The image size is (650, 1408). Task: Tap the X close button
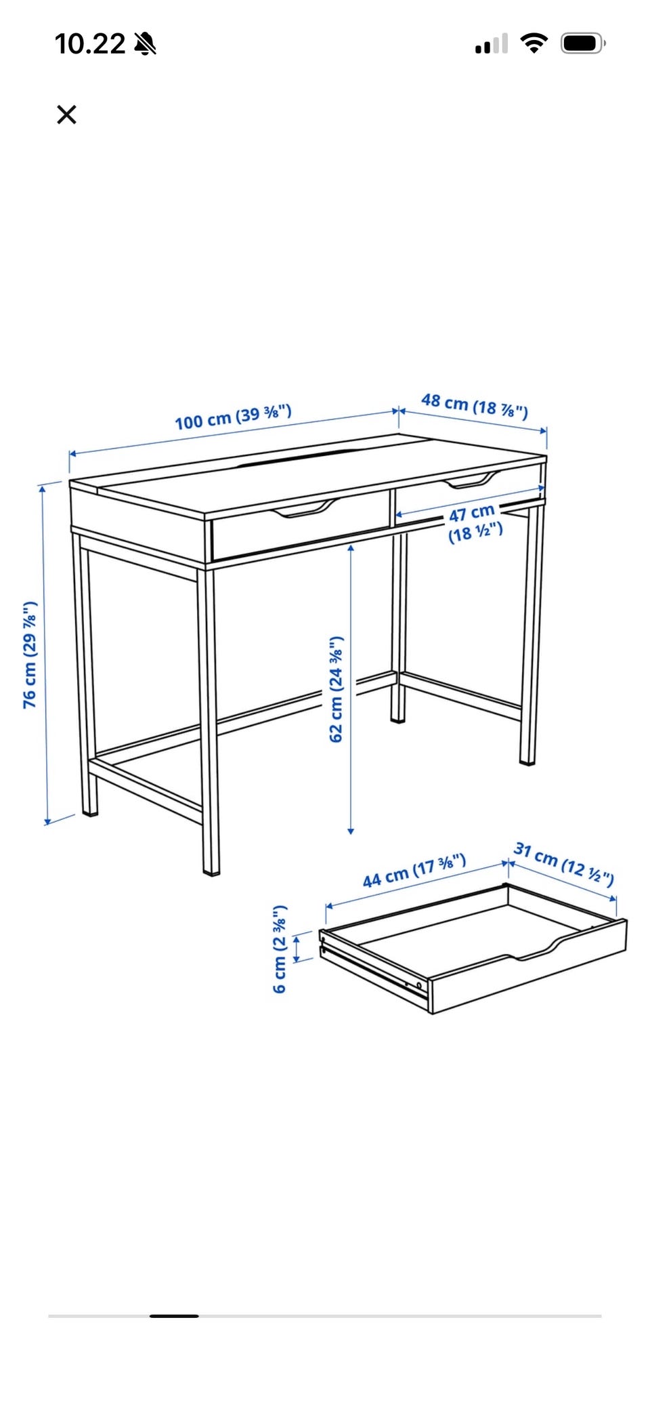66,115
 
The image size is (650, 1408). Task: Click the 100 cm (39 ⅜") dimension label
233,417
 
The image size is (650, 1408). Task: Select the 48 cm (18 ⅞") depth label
475,405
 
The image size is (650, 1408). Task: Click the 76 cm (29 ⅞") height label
30,655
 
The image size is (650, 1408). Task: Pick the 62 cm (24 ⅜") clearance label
337,689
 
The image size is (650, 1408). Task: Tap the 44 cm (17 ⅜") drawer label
414,871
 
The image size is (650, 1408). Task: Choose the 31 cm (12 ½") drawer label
564,863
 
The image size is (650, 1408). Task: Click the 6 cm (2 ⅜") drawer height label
280,949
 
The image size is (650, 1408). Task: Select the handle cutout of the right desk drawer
473,480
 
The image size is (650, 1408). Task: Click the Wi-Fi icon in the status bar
534,43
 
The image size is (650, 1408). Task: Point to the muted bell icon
145,44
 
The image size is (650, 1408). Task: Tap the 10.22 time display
90,44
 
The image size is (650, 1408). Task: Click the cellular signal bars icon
492,45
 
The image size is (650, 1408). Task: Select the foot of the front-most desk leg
211,871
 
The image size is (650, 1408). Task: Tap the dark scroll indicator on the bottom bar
174,1316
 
